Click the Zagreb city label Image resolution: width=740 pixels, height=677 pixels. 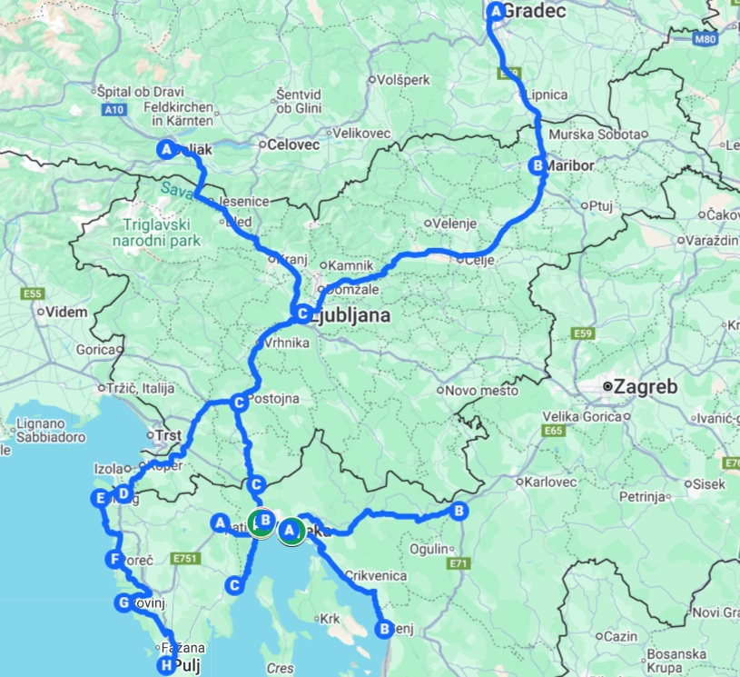tap(646, 386)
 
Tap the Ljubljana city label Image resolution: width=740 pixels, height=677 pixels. tap(350, 316)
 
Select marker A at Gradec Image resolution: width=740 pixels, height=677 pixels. tap(496, 11)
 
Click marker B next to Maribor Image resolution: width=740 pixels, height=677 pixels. tap(538, 165)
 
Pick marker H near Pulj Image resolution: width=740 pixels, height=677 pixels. tap(165, 666)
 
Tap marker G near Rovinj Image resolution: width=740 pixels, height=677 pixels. tap(124, 602)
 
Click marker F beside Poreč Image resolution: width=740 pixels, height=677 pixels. tap(113, 559)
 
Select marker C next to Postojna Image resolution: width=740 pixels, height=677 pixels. tap(238, 402)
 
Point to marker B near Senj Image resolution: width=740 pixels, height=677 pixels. tap(384, 628)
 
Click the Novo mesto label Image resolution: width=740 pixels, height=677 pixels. tap(481, 391)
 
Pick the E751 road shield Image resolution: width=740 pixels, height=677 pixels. tap(184, 556)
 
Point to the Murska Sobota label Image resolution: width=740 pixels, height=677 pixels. tap(597, 134)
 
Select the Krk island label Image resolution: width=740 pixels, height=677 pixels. tap(328, 619)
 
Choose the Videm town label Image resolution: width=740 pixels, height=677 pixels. tap(69, 312)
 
